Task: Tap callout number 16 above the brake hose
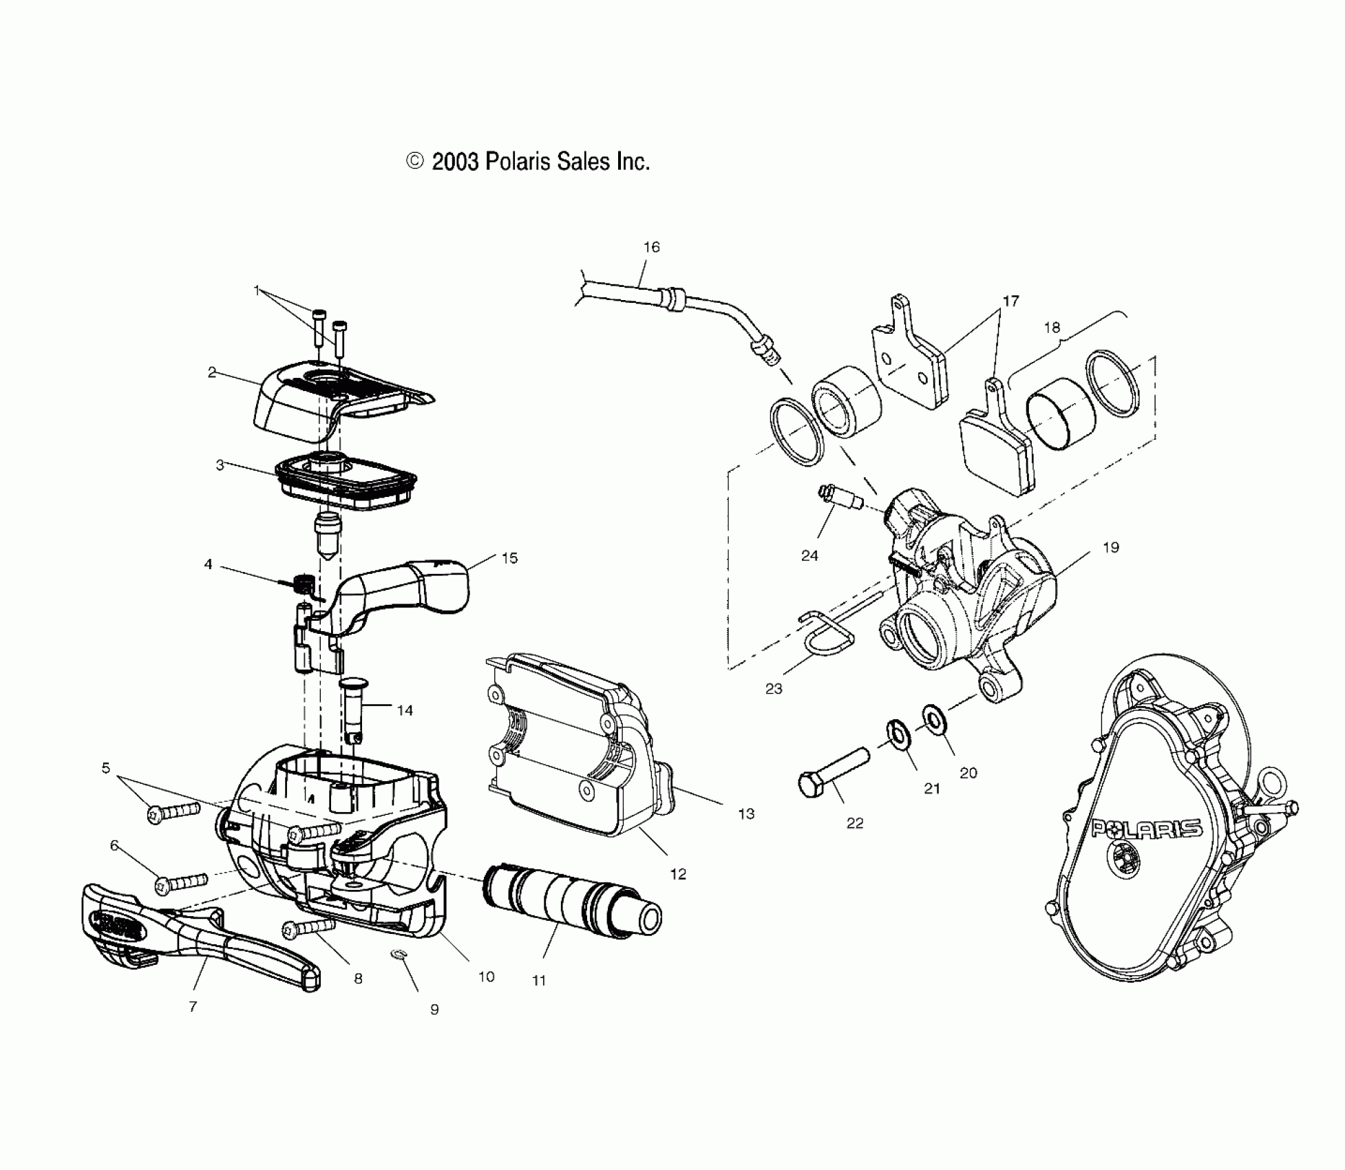click(651, 247)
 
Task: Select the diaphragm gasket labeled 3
click(344, 476)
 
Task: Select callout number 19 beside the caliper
click(1111, 547)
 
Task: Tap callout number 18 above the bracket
click(1052, 328)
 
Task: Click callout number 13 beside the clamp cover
click(746, 813)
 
